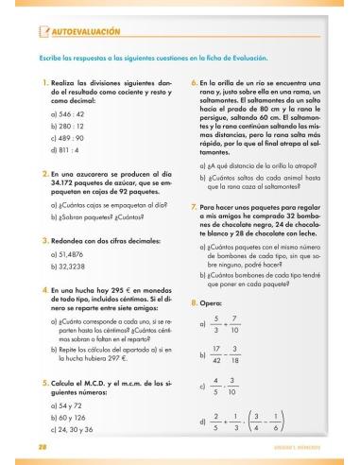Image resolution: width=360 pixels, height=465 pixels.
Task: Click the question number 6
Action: (x=194, y=83)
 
